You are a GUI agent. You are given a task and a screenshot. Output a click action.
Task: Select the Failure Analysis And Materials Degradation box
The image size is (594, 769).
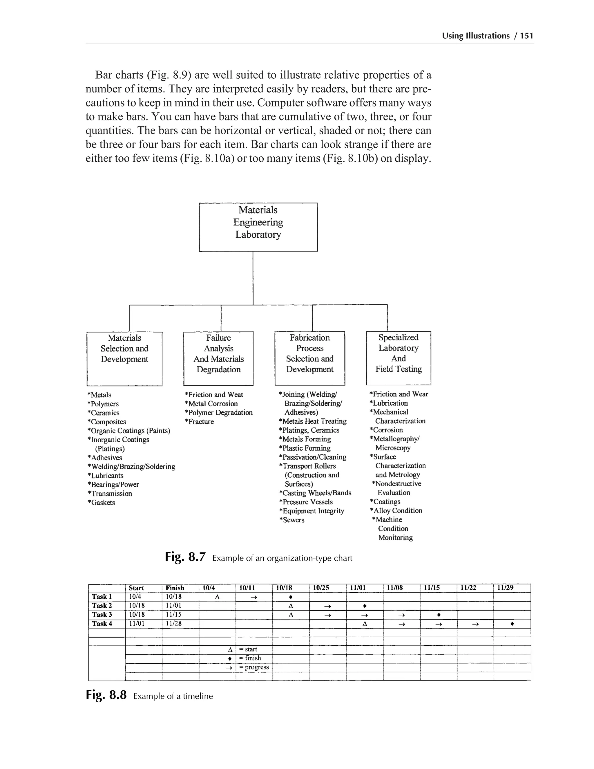(x=218, y=358)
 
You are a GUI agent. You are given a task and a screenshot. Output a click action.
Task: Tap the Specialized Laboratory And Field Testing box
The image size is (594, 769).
(x=398, y=358)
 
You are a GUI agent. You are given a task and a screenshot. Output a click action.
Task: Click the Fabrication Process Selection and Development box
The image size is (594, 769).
(x=310, y=358)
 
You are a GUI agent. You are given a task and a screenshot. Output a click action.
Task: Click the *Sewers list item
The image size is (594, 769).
(x=292, y=520)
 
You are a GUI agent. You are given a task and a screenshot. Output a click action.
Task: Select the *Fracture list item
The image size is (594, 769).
(x=199, y=421)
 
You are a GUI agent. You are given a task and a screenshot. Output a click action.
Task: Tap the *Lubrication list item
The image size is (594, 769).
(x=388, y=403)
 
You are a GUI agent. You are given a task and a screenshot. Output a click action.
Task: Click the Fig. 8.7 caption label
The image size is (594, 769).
(x=185, y=558)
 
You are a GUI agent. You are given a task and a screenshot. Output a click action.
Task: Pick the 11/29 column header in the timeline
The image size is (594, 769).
(x=505, y=587)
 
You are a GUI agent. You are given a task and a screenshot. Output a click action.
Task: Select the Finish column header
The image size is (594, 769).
(x=175, y=588)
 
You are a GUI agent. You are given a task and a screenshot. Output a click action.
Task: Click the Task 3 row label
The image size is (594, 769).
(x=102, y=614)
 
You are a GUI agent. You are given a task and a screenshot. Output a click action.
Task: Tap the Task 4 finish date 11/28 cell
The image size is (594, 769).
(x=174, y=624)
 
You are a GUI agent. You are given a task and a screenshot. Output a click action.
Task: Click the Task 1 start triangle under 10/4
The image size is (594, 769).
(x=217, y=597)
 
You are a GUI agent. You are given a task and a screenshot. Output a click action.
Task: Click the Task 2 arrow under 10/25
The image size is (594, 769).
(x=327, y=606)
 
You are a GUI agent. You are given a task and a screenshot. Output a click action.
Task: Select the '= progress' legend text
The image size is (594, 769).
(x=254, y=667)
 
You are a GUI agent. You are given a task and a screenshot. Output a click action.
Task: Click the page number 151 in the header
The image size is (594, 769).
(x=527, y=36)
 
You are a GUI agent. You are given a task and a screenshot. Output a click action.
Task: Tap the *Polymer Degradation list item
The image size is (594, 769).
(x=218, y=412)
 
